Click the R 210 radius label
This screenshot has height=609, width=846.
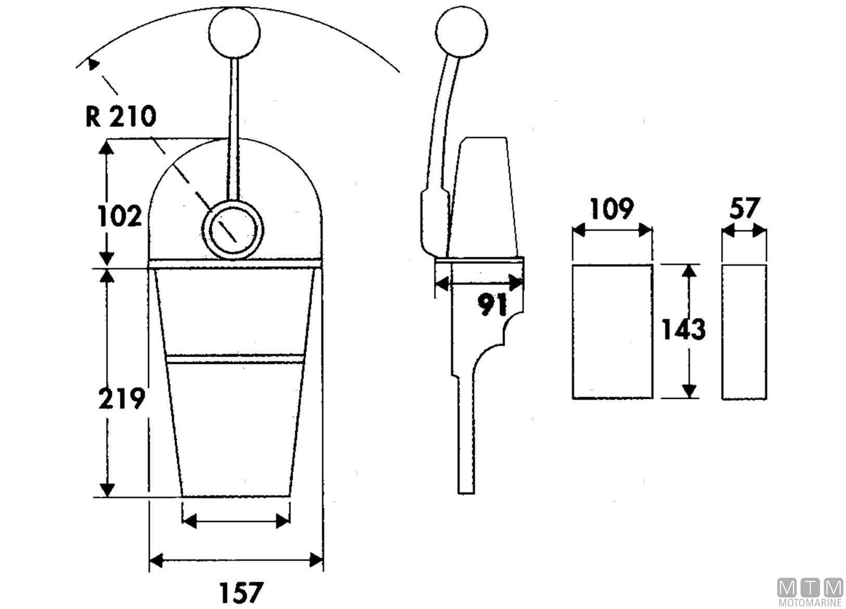click(120, 116)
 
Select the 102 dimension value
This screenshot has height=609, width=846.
click(120, 215)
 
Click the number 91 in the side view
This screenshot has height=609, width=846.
click(493, 306)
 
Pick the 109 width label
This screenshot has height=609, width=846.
click(612, 208)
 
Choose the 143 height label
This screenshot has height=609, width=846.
click(683, 329)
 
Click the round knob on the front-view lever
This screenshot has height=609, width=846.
click(234, 32)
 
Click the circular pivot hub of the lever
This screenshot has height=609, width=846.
click(233, 229)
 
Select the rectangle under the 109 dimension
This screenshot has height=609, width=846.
click(612, 332)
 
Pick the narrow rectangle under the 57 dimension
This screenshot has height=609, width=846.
click(744, 332)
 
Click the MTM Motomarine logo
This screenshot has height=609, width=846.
click(810, 592)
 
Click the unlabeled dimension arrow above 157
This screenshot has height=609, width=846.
click(236, 521)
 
